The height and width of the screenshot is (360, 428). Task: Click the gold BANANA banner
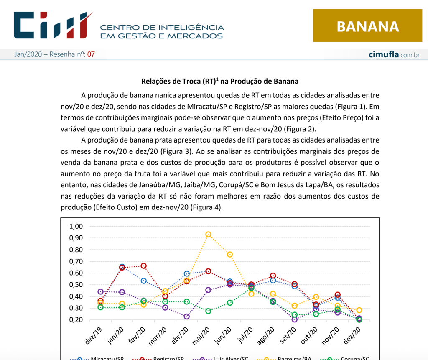367,26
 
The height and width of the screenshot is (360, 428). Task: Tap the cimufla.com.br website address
394,55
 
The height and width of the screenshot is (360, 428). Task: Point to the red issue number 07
91,54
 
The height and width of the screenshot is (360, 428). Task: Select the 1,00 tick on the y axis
76,226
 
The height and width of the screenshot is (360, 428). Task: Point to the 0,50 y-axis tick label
76,285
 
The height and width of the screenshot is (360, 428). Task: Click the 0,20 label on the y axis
76,320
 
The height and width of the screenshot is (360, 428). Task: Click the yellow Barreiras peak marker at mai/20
208,235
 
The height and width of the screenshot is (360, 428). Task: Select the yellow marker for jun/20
230,255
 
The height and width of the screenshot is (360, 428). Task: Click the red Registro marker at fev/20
143,266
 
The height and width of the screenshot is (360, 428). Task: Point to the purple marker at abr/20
187,317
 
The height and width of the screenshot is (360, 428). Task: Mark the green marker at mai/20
208,311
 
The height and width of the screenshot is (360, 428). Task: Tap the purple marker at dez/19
100,291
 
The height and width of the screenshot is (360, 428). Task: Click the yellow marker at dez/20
359,310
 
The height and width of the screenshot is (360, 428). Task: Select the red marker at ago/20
273,276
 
